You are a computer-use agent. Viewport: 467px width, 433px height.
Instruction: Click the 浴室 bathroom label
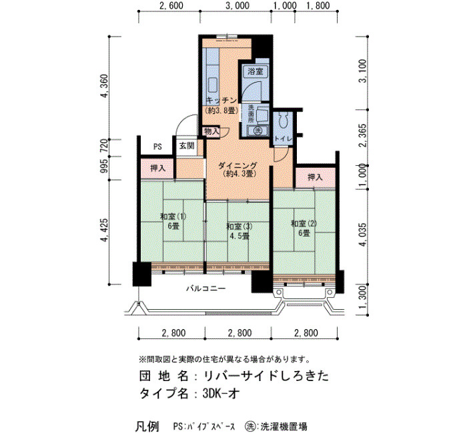256,71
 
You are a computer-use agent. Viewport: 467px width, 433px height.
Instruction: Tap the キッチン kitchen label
221,101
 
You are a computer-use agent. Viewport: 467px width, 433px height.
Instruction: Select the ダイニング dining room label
238,166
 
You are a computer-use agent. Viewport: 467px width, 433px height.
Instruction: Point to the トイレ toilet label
283,139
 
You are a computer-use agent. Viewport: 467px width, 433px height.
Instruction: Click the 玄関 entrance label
187,145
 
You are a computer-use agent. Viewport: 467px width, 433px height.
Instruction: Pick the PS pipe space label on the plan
157,147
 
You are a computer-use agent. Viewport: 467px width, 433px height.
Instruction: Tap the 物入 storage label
211,131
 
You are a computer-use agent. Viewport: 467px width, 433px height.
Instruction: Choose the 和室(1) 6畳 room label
173,221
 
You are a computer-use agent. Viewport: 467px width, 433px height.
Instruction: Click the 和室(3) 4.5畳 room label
239,231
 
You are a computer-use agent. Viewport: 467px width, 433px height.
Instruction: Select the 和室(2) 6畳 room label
304,228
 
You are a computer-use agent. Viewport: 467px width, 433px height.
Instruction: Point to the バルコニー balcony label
206,288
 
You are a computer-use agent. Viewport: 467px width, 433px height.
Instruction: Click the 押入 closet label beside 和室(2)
315,178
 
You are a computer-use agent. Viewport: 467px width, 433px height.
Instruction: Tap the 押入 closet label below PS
157,169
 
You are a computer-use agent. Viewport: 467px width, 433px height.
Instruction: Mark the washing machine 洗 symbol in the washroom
258,131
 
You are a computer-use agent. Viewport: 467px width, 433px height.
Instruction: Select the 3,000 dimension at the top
238,5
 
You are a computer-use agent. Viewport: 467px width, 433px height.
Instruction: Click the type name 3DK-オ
221,394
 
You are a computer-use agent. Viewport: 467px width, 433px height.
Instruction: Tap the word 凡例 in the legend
147,426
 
